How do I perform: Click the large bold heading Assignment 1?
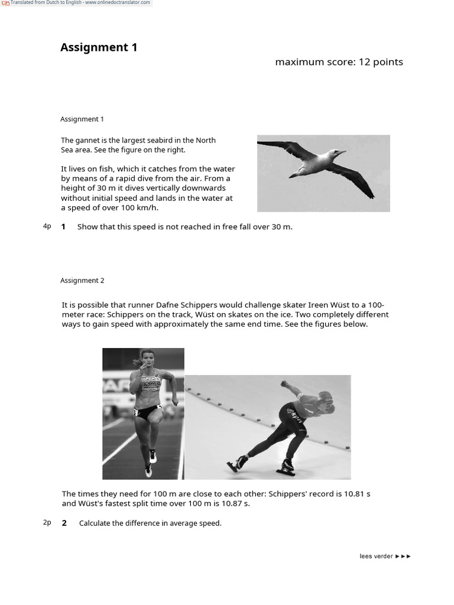click(x=99, y=47)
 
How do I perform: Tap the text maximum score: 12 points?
click(x=339, y=62)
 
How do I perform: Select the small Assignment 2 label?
click(x=82, y=281)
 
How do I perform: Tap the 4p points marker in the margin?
click(x=47, y=226)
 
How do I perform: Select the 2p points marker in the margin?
click(x=47, y=523)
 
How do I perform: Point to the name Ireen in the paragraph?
click(x=318, y=305)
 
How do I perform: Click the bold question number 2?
click(x=64, y=523)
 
